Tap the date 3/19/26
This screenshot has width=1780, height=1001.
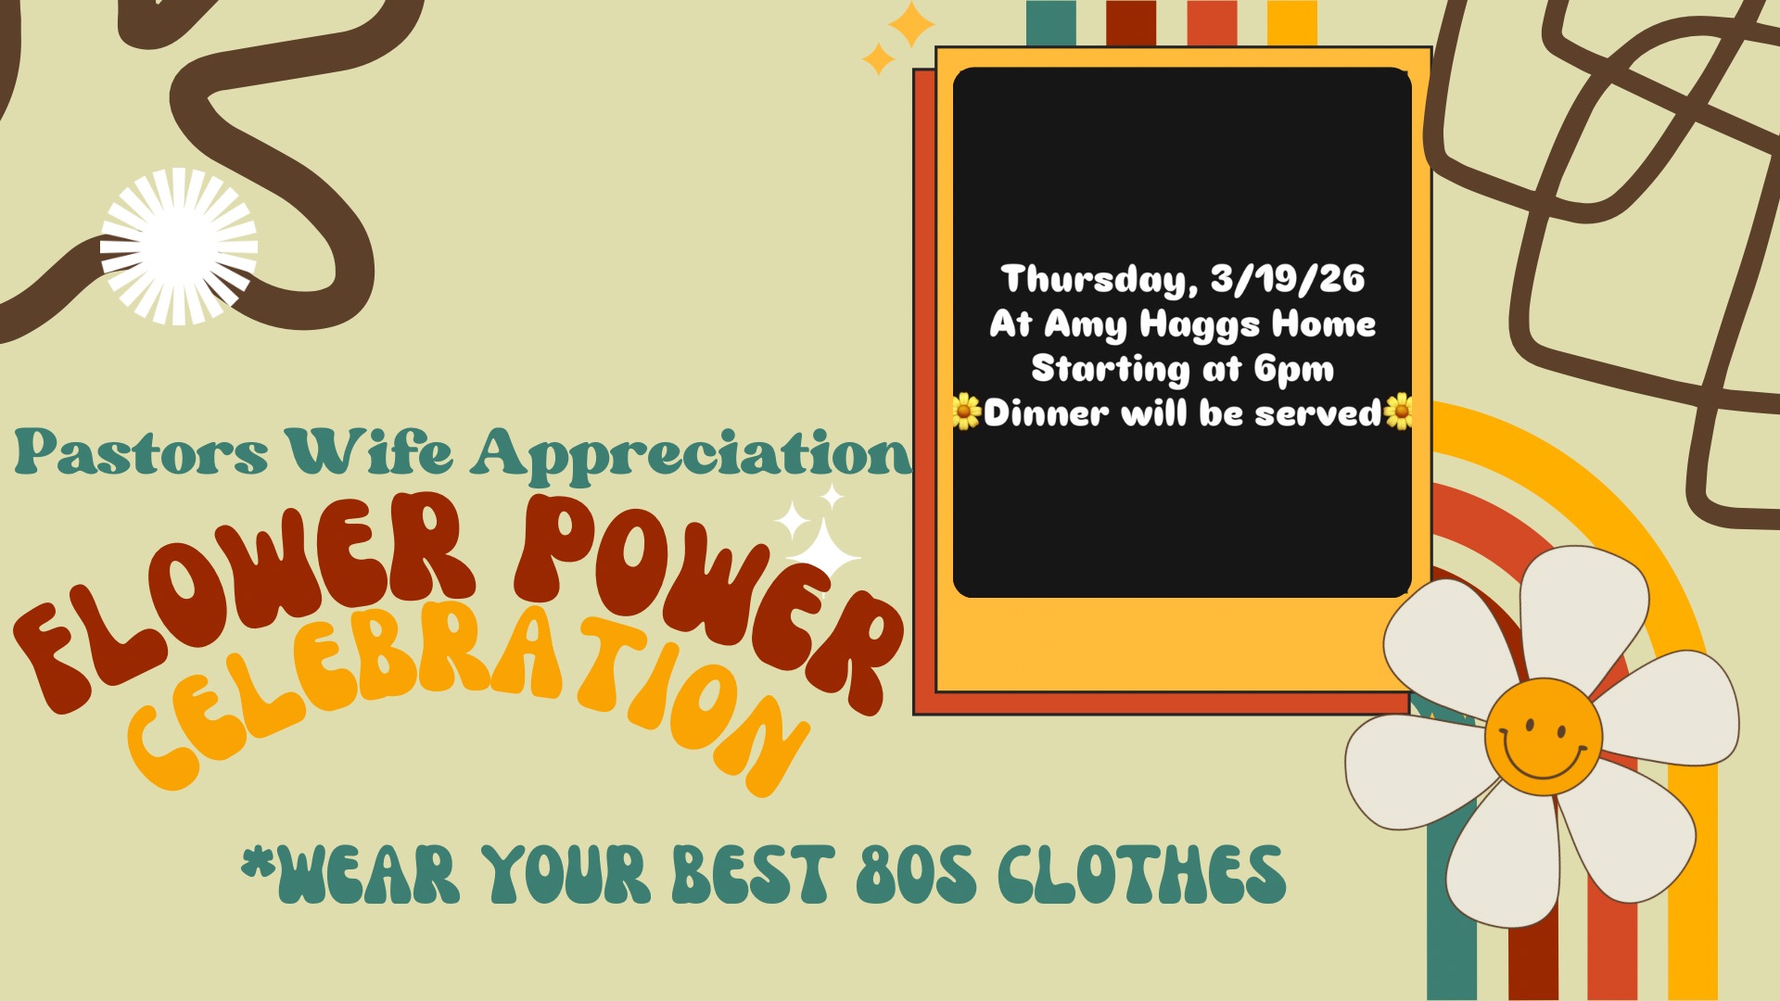tap(1288, 278)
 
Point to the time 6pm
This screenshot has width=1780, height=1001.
tap(1294, 370)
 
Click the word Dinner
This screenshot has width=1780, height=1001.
tap(1046, 412)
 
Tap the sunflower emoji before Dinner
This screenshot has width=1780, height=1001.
tap(967, 412)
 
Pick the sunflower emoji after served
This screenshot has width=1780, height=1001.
tap(1398, 412)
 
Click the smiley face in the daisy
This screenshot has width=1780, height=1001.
tap(1543, 736)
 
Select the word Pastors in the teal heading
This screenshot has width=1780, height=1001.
tap(141, 452)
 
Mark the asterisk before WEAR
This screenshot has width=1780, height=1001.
tap(259, 862)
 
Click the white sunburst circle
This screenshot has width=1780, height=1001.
tap(179, 247)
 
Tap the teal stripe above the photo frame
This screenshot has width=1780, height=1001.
tap(1051, 23)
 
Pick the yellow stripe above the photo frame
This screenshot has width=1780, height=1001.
tap(1291, 23)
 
